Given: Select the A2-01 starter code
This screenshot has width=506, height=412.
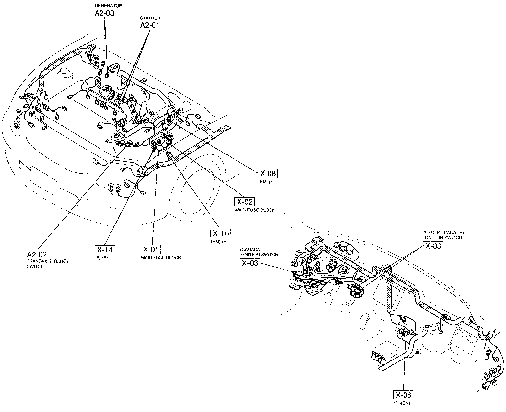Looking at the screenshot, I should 150,25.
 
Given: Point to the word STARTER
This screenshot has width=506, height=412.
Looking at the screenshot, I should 150,18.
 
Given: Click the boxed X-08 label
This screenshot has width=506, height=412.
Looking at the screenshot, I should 267,173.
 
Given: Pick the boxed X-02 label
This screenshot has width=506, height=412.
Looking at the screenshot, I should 244,202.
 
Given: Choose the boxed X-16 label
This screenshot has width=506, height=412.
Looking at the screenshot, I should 220,233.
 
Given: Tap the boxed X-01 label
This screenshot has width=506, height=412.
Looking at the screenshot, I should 151,249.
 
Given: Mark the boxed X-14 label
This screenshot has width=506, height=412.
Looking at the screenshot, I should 104,250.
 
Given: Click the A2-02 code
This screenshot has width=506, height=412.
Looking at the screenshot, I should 37,255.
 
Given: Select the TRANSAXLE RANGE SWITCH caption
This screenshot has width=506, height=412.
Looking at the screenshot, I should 48,263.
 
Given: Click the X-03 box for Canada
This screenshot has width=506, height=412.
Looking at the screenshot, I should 249,263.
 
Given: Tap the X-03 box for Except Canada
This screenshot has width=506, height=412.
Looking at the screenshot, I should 433,246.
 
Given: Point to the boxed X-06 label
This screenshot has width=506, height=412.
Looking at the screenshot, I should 404,395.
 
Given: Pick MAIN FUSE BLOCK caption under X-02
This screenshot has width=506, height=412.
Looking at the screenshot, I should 255,210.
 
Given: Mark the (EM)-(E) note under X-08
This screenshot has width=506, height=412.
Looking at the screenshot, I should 267,181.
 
